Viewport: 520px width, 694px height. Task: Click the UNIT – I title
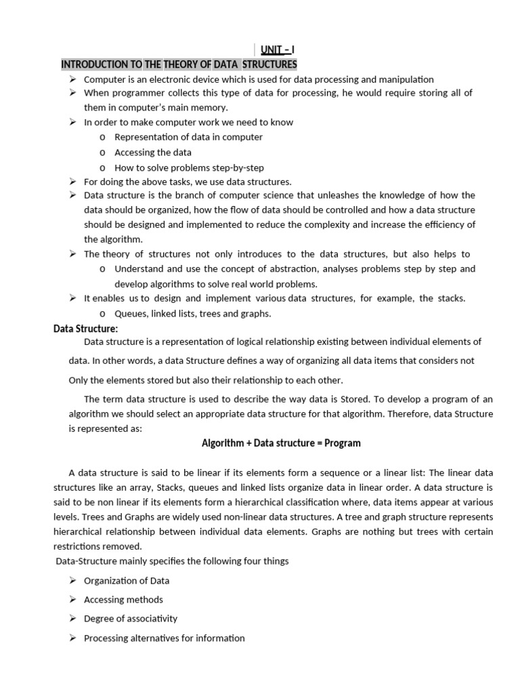(x=276, y=50)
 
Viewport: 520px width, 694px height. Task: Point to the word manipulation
(x=405, y=79)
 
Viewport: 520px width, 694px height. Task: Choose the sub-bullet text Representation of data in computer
(x=188, y=137)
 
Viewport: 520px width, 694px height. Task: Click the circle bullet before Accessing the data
(x=102, y=152)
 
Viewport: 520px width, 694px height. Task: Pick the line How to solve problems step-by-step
(x=189, y=167)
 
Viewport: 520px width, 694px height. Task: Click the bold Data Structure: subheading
(x=85, y=329)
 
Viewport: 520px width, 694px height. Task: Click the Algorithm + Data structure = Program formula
(x=281, y=443)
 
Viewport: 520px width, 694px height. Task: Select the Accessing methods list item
(x=123, y=600)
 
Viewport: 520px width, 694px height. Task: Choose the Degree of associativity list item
(x=130, y=619)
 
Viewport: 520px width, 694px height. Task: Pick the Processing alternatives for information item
(x=164, y=638)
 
